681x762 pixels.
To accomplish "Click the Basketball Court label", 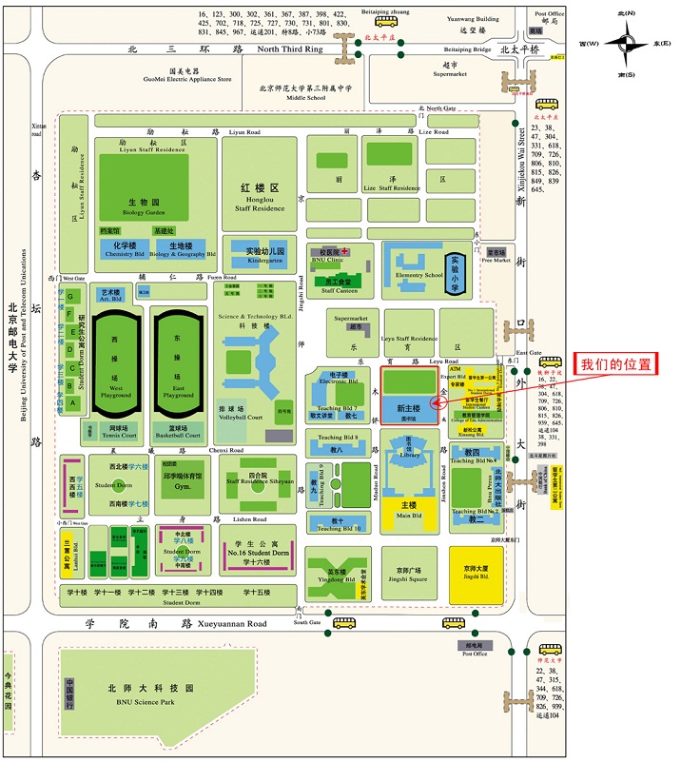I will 178,436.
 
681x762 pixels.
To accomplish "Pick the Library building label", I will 409,455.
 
